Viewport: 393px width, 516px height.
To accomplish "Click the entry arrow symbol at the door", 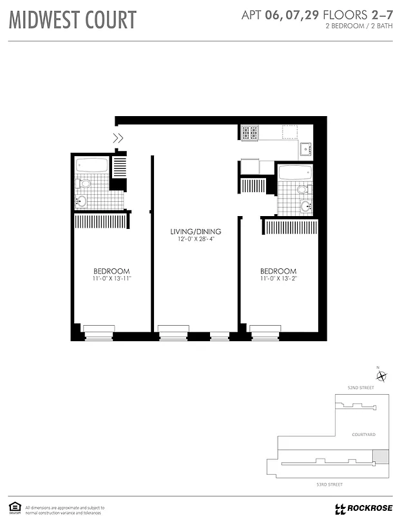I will [119, 137].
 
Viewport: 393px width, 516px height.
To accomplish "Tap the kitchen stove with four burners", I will [249, 133].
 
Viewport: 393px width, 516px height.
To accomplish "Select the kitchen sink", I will [305, 150].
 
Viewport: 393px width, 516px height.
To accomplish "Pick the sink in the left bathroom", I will [81, 201].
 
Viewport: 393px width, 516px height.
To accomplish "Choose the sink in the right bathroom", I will [305, 206].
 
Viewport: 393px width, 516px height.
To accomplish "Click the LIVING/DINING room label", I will [196, 232].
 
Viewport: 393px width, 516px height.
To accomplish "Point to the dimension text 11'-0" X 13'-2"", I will [278, 279].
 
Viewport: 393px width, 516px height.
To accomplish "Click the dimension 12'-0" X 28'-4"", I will [196, 239].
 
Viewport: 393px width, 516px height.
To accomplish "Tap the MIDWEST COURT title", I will [72, 19].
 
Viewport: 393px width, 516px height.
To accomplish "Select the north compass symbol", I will [381, 376].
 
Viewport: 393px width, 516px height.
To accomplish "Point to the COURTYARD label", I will [363, 434].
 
